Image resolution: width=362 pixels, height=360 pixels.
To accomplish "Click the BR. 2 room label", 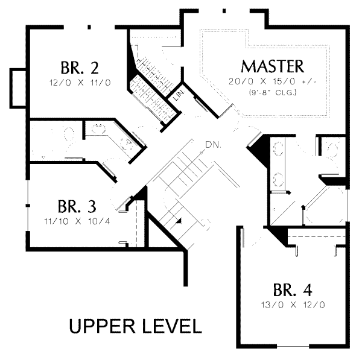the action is (80, 68).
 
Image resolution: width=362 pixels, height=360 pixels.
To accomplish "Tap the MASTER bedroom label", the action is (272, 66).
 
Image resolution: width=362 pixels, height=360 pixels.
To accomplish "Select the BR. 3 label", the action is (77, 207).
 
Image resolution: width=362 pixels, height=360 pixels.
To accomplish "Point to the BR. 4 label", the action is (293, 290).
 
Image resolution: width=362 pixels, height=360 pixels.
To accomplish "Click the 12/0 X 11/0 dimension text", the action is (80, 83).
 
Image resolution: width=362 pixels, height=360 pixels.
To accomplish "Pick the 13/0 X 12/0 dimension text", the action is (293, 305).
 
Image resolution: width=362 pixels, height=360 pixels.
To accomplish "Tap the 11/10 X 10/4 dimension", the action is (77, 221).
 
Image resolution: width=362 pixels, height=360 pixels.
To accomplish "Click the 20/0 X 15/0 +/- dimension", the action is (272, 81).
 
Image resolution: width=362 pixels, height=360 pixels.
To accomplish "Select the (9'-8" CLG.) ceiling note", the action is (273, 92).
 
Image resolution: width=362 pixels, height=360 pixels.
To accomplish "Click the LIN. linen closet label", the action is (179, 95).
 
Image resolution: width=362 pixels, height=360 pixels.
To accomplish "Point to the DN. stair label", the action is (214, 145).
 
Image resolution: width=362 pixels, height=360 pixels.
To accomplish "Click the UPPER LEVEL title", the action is (135, 326).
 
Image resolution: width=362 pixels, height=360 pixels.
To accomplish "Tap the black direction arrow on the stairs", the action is (179, 221).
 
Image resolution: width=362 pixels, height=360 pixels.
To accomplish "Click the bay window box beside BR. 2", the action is (18, 88).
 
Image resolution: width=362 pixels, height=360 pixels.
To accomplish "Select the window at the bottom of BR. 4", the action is (293, 346).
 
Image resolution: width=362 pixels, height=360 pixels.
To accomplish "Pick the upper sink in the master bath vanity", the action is (278, 148).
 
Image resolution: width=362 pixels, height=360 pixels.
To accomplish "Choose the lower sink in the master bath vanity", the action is (278, 179).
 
